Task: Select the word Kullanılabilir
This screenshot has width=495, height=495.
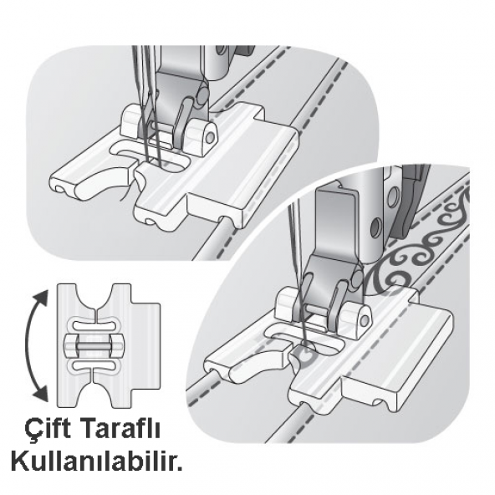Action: click(96, 460)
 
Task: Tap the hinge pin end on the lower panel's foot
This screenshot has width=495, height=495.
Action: click(362, 319)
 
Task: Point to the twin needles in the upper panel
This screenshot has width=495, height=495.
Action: click(147, 125)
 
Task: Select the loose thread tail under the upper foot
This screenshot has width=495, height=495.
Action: click(125, 194)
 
